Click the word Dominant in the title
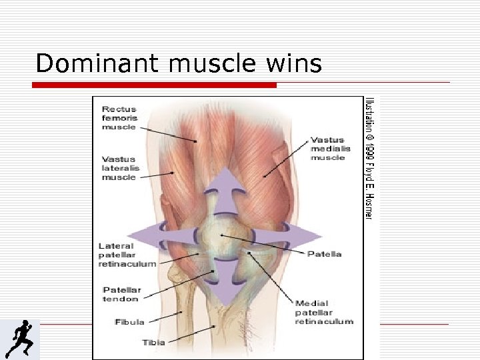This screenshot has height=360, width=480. (x=97, y=63)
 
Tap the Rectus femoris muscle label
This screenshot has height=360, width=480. (x=119, y=118)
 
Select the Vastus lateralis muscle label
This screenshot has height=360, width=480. (x=119, y=168)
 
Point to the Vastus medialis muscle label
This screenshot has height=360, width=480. (x=327, y=149)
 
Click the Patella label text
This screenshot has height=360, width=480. (x=325, y=254)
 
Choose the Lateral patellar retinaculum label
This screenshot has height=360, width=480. (x=127, y=255)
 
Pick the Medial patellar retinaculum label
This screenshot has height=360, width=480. (x=324, y=313)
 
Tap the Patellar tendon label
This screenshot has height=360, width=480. (x=121, y=295)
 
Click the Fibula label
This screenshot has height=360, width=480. (x=129, y=322)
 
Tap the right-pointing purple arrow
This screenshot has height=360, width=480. (x=300, y=236)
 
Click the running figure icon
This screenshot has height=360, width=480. (x=19, y=339)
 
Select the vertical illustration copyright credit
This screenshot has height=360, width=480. (x=369, y=158)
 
